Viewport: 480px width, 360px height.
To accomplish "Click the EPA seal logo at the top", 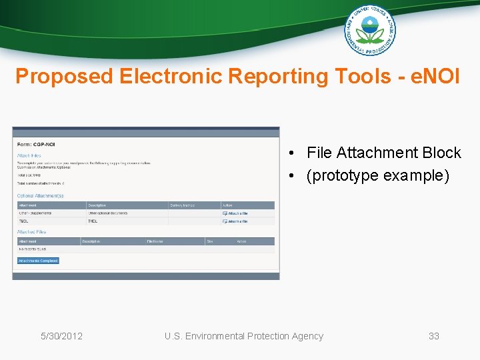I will click(x=369, y=30).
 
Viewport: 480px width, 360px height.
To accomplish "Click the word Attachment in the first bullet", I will click(x=377, y=153).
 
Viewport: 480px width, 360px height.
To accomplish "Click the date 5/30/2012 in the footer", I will click(x=61, y=336).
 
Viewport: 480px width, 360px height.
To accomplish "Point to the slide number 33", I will click(x=434, y=336).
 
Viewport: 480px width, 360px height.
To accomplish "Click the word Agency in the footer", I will click(x=306, y=336).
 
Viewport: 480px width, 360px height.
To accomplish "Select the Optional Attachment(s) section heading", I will click(x=41, y=196).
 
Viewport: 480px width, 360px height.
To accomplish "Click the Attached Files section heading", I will click(x=31, y=232).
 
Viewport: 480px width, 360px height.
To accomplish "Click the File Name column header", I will click(x=155, y=241).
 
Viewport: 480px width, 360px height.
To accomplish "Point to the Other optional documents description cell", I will click(x=108, y=213).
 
